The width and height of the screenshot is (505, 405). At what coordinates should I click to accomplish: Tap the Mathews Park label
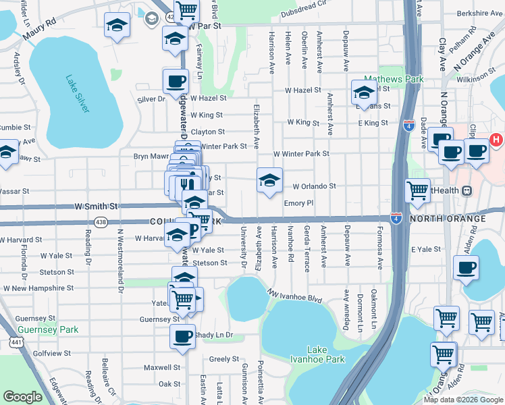click(x=394, y=79)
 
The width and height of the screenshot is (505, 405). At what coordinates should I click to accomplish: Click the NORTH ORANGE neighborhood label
click(x=447, y=219)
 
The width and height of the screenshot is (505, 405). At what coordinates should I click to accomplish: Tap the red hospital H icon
click(x=496, y=140)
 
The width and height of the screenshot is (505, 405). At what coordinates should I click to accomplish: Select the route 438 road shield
click(x=101, y=221)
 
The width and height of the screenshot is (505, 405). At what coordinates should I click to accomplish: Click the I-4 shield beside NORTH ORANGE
click(x=396, y=219)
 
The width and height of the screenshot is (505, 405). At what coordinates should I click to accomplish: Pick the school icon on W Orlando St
click(x=269, y=180)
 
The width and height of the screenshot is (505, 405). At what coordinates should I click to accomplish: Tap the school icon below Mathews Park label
click(x=363, y=92)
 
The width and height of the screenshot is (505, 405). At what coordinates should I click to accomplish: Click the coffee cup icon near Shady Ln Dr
click(x=182, y=336)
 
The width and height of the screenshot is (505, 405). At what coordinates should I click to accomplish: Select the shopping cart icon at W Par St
click(x=186, y=9)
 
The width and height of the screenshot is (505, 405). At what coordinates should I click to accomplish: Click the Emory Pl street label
click(x=299, y=202)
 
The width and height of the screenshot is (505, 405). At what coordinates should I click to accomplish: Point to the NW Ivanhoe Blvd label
click(x=294, y=295)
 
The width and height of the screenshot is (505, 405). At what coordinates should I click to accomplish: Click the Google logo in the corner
click(x=22, y=397)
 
